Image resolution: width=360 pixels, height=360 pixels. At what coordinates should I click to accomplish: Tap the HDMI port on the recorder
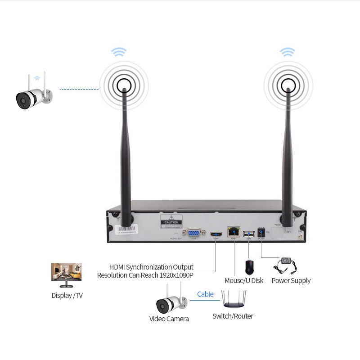coord(216,234)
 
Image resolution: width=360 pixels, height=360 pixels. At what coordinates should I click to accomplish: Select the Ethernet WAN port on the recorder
coord(234,232)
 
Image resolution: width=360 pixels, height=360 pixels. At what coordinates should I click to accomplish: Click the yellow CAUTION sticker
coord(171,222)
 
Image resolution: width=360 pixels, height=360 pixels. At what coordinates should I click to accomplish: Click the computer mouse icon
coord(250,267)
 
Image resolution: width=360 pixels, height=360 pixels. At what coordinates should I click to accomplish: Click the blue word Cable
coord(205,294)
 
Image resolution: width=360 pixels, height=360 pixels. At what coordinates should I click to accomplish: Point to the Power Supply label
coord(291,281)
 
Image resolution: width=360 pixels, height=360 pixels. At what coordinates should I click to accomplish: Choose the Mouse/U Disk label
coord(244,281)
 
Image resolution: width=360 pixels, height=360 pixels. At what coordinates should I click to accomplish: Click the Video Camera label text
coord(169,319)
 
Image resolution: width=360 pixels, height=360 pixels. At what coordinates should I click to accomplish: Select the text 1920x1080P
coord(176,275)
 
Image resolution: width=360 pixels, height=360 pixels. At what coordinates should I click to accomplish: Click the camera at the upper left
coord(33,93)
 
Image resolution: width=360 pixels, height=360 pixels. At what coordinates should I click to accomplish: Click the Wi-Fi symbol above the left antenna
coord(119,52)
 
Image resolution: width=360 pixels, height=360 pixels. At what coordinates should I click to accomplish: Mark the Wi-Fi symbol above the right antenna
coord(287,51)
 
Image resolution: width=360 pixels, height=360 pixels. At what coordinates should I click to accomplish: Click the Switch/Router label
coord(233,316)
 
